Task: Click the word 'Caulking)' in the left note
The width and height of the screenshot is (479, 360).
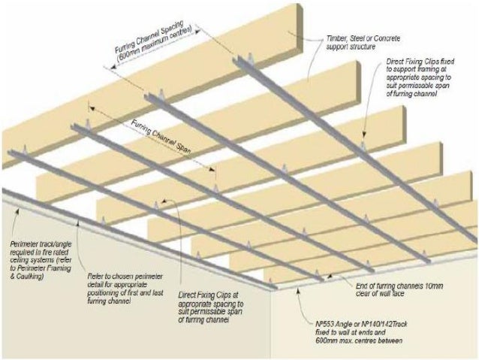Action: (x=30, y=277)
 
